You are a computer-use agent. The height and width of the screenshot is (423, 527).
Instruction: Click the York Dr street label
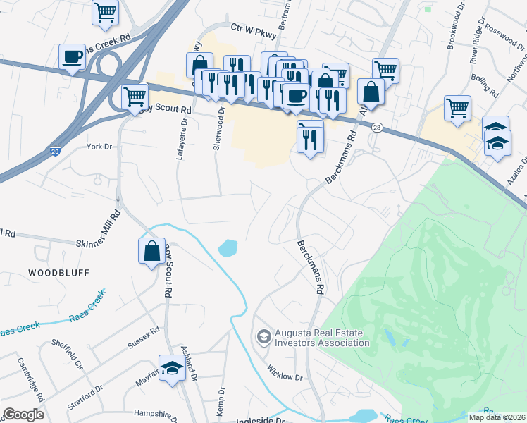pyautogui.click(x=99, y=147)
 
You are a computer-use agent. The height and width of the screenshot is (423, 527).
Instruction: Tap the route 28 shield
pyautogui.click(x=378, y=127)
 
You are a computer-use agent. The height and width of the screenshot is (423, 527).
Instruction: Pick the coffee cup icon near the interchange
pyautogui.click(x=72, y=58)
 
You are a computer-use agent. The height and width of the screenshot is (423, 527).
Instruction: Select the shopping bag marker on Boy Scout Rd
pyautogui.click(x=152, y=252)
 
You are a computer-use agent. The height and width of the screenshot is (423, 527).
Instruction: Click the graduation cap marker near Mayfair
pyautogui.click(x=172, y=369)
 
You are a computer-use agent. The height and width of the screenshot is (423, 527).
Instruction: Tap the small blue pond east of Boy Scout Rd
pyautogui.click(x=228, y=248)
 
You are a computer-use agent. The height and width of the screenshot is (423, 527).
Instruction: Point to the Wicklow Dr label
pyautogui.click(x=285, y=372)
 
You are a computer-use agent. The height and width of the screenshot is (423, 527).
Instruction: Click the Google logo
pyautogui.click(x=23, y=415)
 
